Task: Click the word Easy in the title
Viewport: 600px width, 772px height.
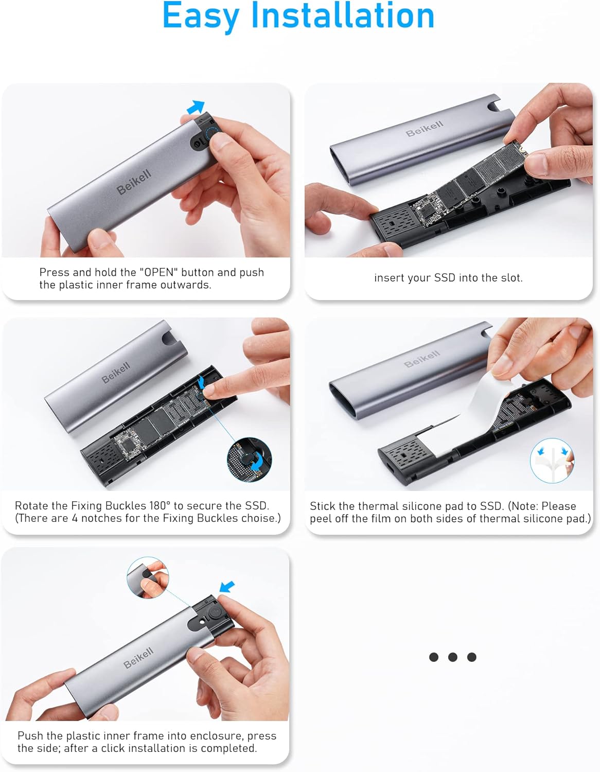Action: point(201,16)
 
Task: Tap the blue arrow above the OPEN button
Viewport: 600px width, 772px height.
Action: point(196,107)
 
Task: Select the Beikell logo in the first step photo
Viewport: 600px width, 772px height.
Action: point(134,181)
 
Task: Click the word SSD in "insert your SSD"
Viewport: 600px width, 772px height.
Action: point(445,277)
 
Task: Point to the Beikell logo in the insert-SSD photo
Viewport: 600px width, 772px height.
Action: point(425,129)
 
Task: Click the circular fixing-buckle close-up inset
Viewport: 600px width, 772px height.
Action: point(249,460)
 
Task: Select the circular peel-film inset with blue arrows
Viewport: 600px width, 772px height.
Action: point(552,461)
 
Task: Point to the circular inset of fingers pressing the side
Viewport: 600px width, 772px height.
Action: point(148,577)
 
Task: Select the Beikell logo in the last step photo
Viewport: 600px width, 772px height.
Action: point(138,658)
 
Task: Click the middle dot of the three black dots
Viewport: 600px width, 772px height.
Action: point(453,657)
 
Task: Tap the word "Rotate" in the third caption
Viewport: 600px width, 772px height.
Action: point(31,505)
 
